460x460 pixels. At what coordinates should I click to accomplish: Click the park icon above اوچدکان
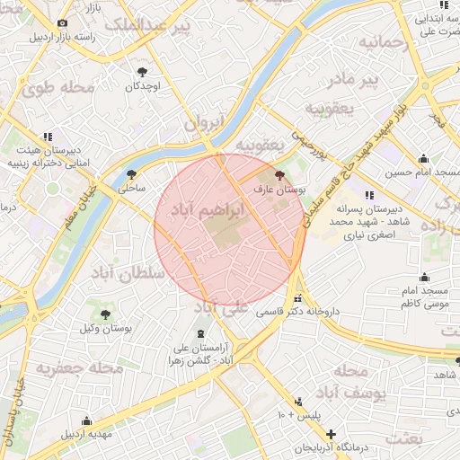pos(142,71)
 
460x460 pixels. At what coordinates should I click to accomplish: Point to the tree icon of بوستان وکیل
pos(106,314)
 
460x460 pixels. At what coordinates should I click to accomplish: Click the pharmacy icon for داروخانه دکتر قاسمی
pos(298,298)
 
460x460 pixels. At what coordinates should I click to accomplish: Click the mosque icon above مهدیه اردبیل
pos(86,420)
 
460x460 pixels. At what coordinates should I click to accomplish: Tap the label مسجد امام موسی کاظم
pos(423,299)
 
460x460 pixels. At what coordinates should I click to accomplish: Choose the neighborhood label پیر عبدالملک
pos(148,27)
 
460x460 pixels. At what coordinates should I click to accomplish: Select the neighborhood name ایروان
pos(202,125)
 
